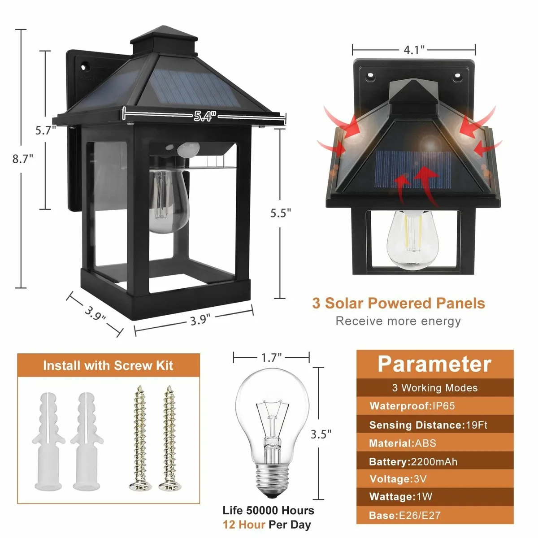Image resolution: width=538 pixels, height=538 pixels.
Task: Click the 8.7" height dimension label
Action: click(x=23, y=159)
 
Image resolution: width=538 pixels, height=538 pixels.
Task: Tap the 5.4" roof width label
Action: click(x=205, y=117)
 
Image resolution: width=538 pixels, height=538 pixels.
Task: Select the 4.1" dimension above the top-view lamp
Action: click(x=414, y=50)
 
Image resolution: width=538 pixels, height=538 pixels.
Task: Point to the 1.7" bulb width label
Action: click(x=271, y=357)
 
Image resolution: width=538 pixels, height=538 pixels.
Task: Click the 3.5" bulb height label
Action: click(x=321, y=434)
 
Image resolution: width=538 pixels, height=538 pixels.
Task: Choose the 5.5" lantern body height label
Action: click(x=281, y=213)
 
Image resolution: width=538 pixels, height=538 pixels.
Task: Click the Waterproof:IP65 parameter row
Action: click(x=412, y=406)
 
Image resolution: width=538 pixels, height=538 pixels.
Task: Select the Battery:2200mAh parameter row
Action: click(x=413, y=462)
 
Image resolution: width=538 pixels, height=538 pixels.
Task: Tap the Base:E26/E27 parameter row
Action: click(x=405, y=516)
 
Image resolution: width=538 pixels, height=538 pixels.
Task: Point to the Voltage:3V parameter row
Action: click(x=398, y=479)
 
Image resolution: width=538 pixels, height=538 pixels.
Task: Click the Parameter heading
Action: click(x=434, y=364)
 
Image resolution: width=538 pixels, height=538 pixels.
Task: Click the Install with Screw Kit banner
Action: click(x=108, y=366)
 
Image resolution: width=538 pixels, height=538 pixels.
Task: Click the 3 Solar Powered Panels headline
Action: click(x=399, y=303)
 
